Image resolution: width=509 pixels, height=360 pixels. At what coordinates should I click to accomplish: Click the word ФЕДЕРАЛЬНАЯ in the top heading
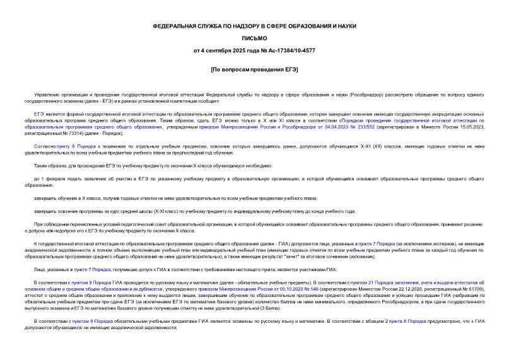(174, 26)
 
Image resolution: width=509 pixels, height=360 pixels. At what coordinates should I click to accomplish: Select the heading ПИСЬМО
(254, 38)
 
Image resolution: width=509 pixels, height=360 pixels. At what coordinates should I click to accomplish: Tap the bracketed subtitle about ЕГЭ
(254, 69)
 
